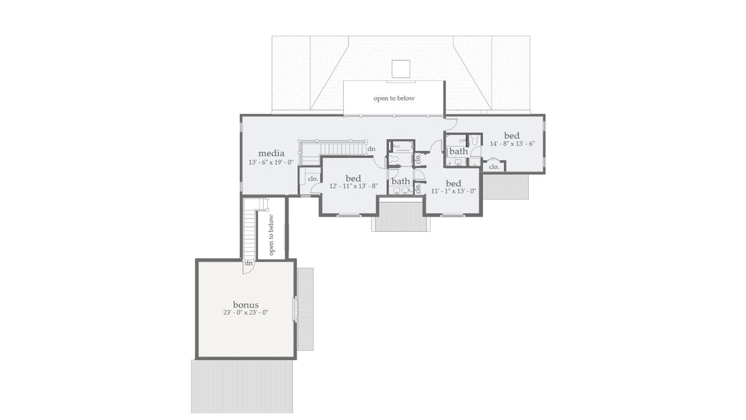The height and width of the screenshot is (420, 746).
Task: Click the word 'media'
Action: tap(271, 153)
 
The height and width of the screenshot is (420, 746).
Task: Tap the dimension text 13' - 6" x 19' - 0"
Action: tap(271, 163)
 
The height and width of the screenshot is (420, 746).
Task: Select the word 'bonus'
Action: tap(246, 304)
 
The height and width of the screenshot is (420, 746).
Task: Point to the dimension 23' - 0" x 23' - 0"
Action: tap(246, 313)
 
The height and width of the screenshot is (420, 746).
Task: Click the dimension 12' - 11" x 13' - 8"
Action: tap(353, 187)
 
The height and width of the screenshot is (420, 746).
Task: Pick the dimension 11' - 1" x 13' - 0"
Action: tap(453, 191)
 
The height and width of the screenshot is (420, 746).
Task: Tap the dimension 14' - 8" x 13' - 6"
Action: tap(512, 144)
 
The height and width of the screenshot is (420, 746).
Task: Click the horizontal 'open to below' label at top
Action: tap(394, 98)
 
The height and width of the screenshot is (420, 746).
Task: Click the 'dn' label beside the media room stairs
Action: tap(372, 149)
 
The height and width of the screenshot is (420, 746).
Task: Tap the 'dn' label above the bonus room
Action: tap(249, 262)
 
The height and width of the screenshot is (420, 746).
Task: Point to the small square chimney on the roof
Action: tap(401, 69)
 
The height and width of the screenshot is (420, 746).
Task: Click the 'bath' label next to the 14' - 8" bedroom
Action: tap(458, 152)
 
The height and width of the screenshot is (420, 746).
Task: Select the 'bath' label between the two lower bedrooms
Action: tap(401, 182)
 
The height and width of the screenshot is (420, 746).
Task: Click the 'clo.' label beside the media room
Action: tap(313, 179)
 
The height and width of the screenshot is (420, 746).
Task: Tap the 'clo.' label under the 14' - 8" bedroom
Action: tap(494, 166)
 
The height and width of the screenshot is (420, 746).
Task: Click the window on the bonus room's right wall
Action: tap(295, 309)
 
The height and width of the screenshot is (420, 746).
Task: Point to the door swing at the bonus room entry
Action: tap(249, 268)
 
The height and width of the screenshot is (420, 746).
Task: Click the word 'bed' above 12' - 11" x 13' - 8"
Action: tap(353, 178)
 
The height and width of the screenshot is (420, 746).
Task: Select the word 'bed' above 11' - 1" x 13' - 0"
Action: tap(453, 183)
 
